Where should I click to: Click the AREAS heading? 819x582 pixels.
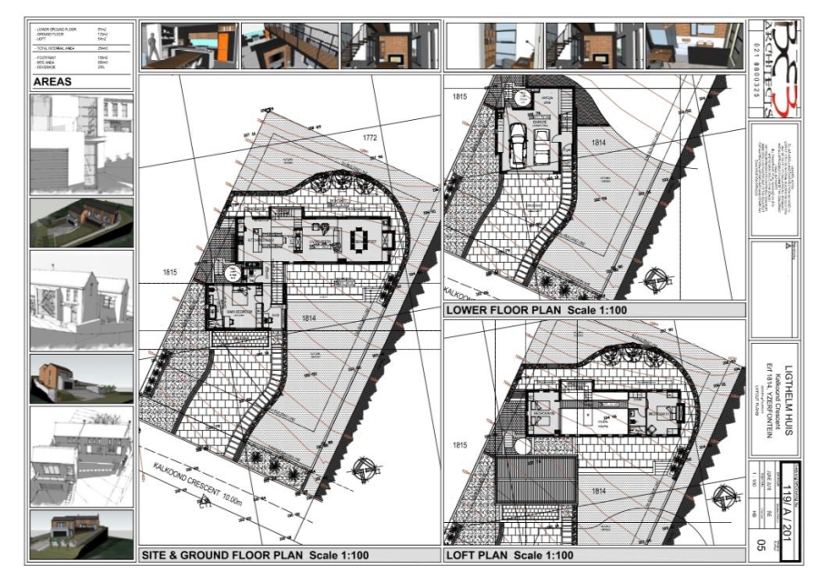point(52,80)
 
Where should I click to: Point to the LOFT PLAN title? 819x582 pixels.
point(510,554)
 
